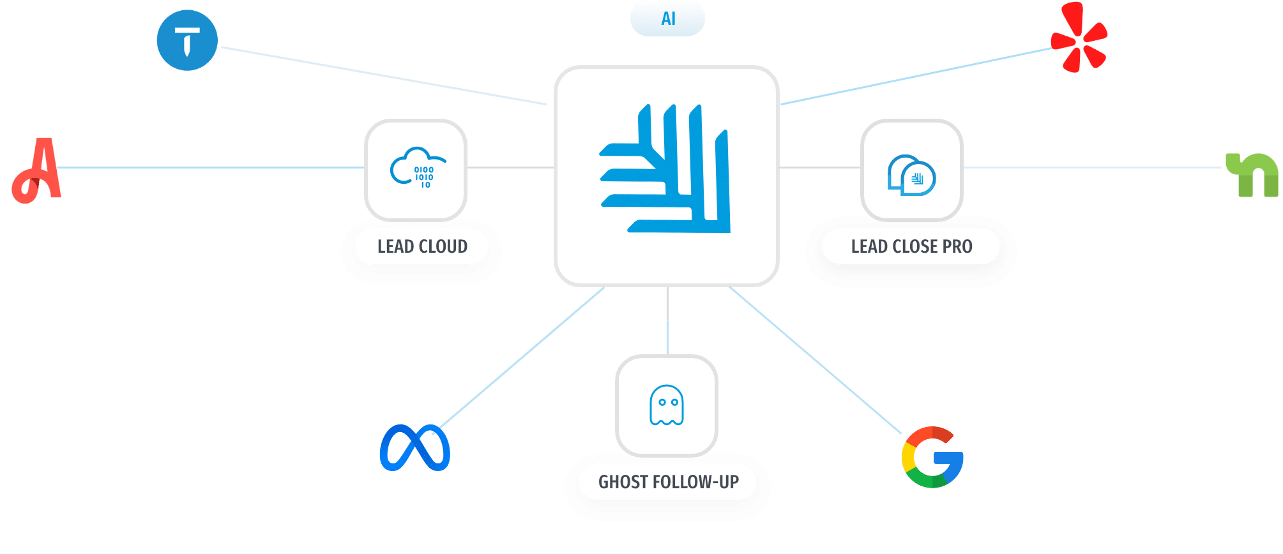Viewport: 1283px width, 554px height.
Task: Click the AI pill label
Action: point(667,19)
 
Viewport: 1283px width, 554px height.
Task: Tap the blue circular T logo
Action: point(187,40)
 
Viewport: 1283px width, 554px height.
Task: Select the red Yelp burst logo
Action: point(1079,37)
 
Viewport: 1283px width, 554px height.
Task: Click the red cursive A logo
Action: point(37,170)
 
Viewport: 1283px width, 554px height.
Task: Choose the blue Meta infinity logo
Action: point(414,447)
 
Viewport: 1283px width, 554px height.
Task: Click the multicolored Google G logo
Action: point(932,457)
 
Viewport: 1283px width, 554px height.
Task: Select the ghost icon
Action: point(666,405)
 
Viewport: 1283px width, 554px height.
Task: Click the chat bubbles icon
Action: point(911,175)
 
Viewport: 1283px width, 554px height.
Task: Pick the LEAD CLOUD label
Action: point(422,246)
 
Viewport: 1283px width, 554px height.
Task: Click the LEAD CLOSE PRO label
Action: point(911,246)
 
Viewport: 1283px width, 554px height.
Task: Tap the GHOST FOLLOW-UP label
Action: point(668,482)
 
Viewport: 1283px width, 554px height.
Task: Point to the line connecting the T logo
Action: point(383,75)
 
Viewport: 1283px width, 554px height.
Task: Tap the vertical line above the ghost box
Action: point(667,320)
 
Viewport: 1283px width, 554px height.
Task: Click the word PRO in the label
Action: point(957,246)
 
